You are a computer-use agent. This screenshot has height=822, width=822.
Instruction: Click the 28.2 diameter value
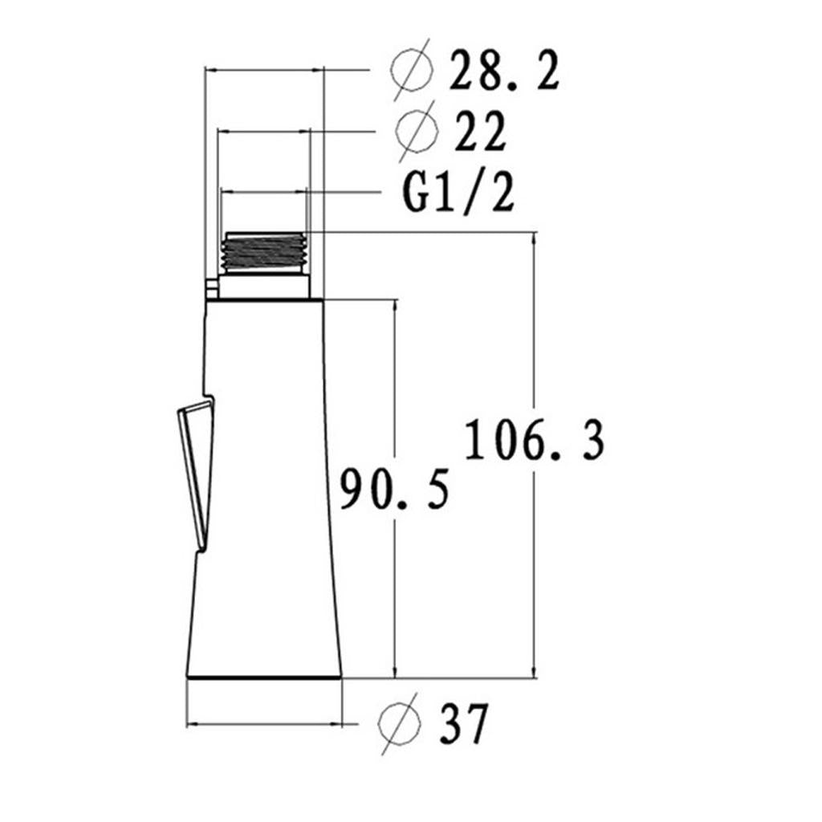(504, 70)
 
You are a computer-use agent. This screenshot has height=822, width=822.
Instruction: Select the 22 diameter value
(480, 131)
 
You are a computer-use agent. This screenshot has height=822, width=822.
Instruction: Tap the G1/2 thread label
(458, 193)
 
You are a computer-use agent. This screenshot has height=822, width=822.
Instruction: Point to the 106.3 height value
(535, 439)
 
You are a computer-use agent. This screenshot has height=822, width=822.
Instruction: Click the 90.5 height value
(395, 489)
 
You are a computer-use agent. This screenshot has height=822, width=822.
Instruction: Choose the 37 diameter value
(464, 723)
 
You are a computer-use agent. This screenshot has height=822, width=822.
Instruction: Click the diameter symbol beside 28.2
(413, 69)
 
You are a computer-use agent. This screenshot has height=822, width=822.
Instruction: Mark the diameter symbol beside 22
(417, 131)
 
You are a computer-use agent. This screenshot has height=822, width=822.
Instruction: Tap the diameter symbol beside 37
(399, 723)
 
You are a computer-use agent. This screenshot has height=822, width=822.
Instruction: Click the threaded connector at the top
(263, 252)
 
